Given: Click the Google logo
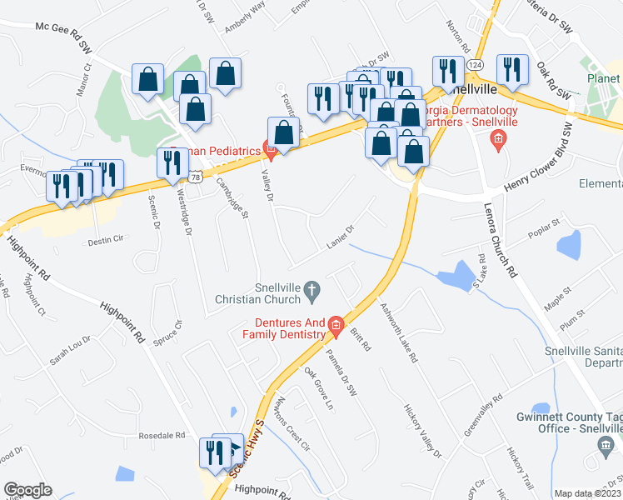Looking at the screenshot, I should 27,490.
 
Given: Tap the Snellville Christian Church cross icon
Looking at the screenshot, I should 312,290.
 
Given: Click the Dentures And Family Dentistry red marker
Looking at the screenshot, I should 336,325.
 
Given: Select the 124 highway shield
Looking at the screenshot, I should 474,64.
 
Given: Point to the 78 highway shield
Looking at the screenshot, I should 193,177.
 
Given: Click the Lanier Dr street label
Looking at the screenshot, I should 341,236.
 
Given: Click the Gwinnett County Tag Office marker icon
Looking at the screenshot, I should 605,450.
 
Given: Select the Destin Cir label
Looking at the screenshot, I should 105,242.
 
